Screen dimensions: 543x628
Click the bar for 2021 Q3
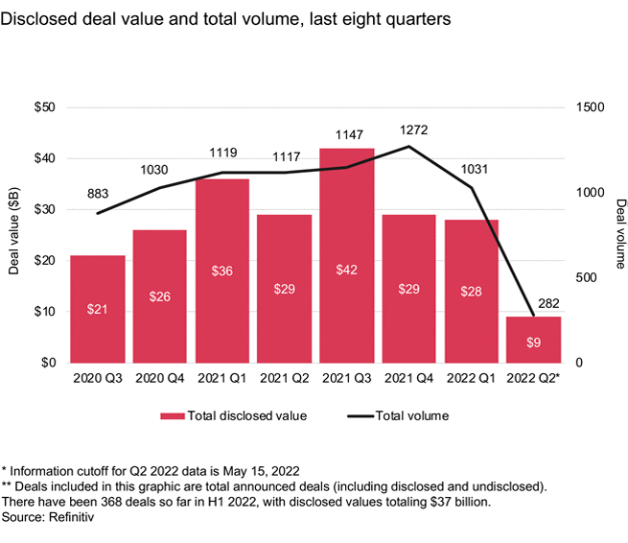click(347, 255)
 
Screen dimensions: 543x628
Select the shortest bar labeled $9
click(534, 340)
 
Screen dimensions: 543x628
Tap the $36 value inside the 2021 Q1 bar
click(222, 271)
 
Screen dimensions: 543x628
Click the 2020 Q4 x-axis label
click(160, 378)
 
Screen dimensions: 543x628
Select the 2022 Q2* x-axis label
click(535, 378)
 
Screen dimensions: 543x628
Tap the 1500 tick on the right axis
click(591, 107)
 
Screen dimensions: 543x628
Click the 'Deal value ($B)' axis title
click(13, 235)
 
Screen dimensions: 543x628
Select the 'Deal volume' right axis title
click(620, 235)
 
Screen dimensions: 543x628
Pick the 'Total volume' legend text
click(411, 416)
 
